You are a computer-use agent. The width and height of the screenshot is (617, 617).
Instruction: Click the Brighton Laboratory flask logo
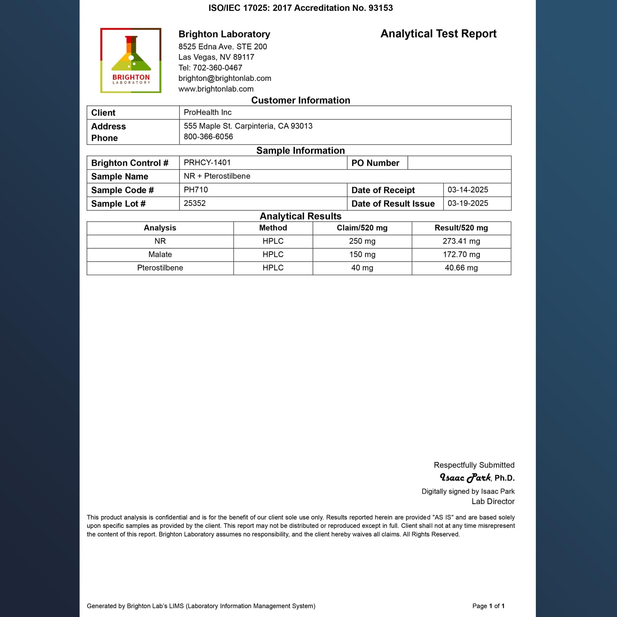(131, 60)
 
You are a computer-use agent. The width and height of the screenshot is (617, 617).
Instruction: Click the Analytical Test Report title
(438, 34)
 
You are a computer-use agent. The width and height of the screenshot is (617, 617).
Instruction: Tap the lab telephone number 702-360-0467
(218, 68)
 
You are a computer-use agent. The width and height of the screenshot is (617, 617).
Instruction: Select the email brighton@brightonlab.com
(224, 78)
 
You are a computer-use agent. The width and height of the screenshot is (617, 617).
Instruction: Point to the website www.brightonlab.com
(216, 89)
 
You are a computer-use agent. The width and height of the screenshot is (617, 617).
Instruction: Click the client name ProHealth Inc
(208, 113)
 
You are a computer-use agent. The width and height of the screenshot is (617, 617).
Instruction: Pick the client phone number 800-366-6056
(208, 137)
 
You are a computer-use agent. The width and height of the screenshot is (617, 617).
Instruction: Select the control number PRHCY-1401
(207, 163)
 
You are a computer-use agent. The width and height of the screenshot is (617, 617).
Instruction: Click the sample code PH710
(196, 190)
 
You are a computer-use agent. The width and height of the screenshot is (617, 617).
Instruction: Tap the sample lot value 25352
(194, 203)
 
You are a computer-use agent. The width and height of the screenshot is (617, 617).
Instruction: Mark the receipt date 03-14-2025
(468, 190)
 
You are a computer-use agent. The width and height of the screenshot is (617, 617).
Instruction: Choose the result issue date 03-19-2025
(468, 203)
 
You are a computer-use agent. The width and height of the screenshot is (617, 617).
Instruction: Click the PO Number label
(375, 163)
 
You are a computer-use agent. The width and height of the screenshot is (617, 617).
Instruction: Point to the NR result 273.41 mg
(461, 241)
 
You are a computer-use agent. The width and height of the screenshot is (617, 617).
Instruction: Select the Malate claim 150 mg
(362, 255)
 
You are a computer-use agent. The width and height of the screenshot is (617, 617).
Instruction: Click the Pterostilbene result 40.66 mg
(461, 268)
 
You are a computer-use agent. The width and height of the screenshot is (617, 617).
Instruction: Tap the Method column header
(273, 228)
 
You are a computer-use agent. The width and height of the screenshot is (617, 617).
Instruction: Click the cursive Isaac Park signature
(465, 478)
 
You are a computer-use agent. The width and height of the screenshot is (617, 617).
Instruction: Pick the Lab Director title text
(493, 501)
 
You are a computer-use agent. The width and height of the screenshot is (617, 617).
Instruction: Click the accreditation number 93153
(380, 8)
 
